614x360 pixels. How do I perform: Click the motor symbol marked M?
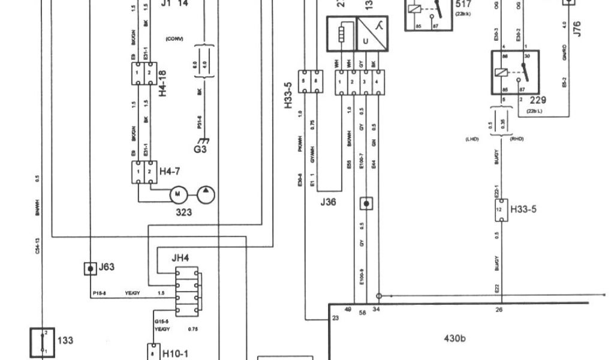click(x=177, y=194)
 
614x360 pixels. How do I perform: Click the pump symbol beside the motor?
click(x=205, y=194)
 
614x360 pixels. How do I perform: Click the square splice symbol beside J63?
click(x=90, y=268)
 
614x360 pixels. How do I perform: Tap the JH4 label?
click(x=180, y=259)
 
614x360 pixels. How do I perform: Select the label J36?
click(x=328, y=202)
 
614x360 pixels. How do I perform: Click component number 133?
click(x=65, y=340)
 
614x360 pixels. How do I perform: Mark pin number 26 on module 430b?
click(x=499, y=310)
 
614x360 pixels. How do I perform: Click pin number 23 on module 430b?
click(x=335, y=317)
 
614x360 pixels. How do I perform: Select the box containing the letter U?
click(x=366, y=41)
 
